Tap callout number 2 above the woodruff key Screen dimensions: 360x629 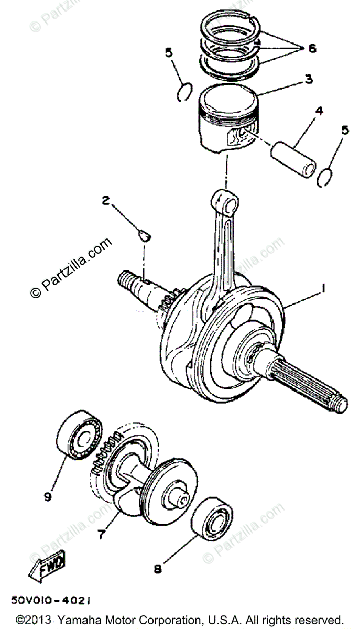[106, 200]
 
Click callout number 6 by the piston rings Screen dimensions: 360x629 [312, 48]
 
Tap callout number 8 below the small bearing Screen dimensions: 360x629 [157, 568]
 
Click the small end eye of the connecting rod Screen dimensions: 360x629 [225, 202]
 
